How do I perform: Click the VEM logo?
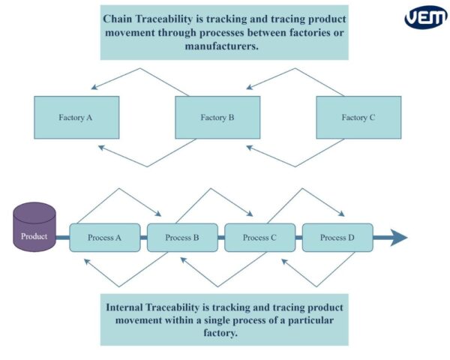coord(425,17)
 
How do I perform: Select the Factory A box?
coord(76,117)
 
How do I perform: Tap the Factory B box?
coord(217,117)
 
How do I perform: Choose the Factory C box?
coord(358,117)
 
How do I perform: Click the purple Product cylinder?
coord(34,227)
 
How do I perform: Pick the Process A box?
coord(105,238)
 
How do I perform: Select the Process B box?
coord(182,238)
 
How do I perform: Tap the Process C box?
coord(260,238)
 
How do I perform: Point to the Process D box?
coord(337,238)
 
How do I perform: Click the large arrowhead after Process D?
coord(399,238)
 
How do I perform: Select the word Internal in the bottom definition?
coord(132,307)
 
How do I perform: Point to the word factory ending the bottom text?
coord(223,334)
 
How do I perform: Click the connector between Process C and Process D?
coord(300,238)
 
